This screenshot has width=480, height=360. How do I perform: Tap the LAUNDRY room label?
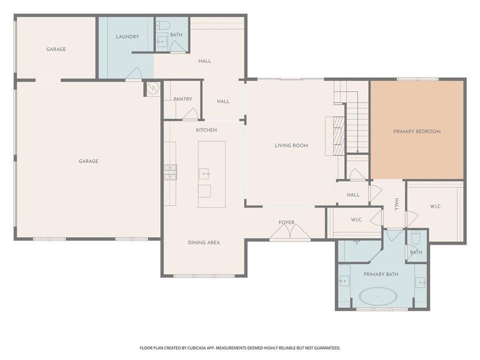(x=127, y=37)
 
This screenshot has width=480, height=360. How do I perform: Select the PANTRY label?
(x=182, y=99)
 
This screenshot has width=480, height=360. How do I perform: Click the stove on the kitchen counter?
(x=170, y=172)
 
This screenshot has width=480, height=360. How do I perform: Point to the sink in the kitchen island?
(x=205, y=174)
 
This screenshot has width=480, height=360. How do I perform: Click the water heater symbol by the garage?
(x=152, y=88)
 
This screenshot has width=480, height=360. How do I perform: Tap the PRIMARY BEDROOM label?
(x=416, y=131)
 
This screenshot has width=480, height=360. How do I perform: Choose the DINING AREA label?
(x=203, y=242)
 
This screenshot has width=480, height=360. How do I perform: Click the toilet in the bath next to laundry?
(x=163, y=26)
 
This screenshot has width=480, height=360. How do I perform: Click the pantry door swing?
(x=191, y=113)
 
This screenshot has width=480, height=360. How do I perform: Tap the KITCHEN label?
(x=206, y=130)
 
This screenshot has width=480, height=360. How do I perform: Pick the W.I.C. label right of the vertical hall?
(x=435, y=206)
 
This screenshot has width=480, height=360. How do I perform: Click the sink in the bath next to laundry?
(x=163, y=41)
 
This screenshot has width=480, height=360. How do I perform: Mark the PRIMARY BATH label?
(x=381, y=274)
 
